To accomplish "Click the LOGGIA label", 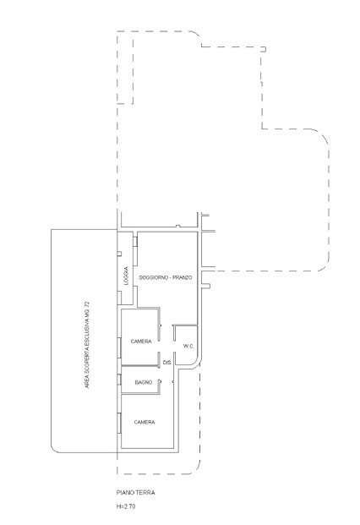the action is coord(126,276).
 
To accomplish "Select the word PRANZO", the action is coord(183,277).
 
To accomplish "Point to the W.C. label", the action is coord(188,347).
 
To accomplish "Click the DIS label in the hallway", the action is coord(167,363).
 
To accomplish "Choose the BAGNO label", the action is coord(144,382).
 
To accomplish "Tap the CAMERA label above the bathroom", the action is coord(141,342).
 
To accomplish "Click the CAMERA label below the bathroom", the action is coord(145,422).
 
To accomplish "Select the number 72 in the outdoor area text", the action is coord(87,305).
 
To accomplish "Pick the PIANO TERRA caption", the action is coord(135,493).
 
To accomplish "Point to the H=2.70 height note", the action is coord(126,506).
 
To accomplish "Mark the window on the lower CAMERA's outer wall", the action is coord(119,423).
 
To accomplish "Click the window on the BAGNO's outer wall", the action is coord(119,380).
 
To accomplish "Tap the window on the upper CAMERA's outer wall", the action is coord(119,347).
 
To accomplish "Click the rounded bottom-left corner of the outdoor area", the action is coord(54,450).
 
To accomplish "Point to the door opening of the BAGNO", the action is coord(160,381).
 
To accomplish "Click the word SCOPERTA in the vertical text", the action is coord(87,361).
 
